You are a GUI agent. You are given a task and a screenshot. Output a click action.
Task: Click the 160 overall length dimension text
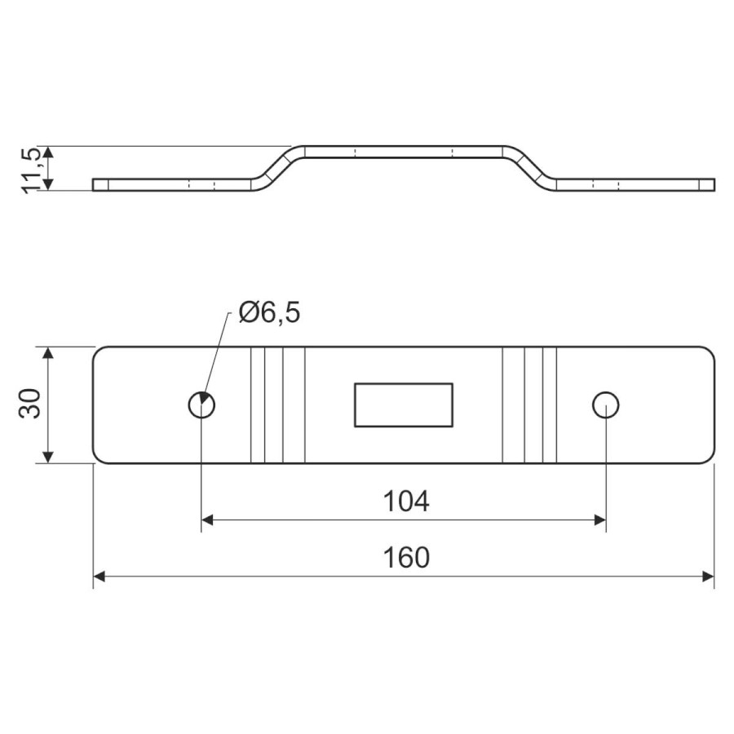(x=406, y=558)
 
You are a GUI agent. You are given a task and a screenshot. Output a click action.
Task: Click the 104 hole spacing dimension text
(x=406, y=501)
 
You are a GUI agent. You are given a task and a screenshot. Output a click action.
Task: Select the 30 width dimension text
(x=30, y=403)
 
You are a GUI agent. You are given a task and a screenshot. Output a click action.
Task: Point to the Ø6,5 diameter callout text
(x=269, y=312)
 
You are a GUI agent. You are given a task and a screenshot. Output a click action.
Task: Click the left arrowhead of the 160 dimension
(x=99, y=577)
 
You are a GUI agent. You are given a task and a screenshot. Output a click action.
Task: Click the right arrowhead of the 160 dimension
(x=708, y=577)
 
